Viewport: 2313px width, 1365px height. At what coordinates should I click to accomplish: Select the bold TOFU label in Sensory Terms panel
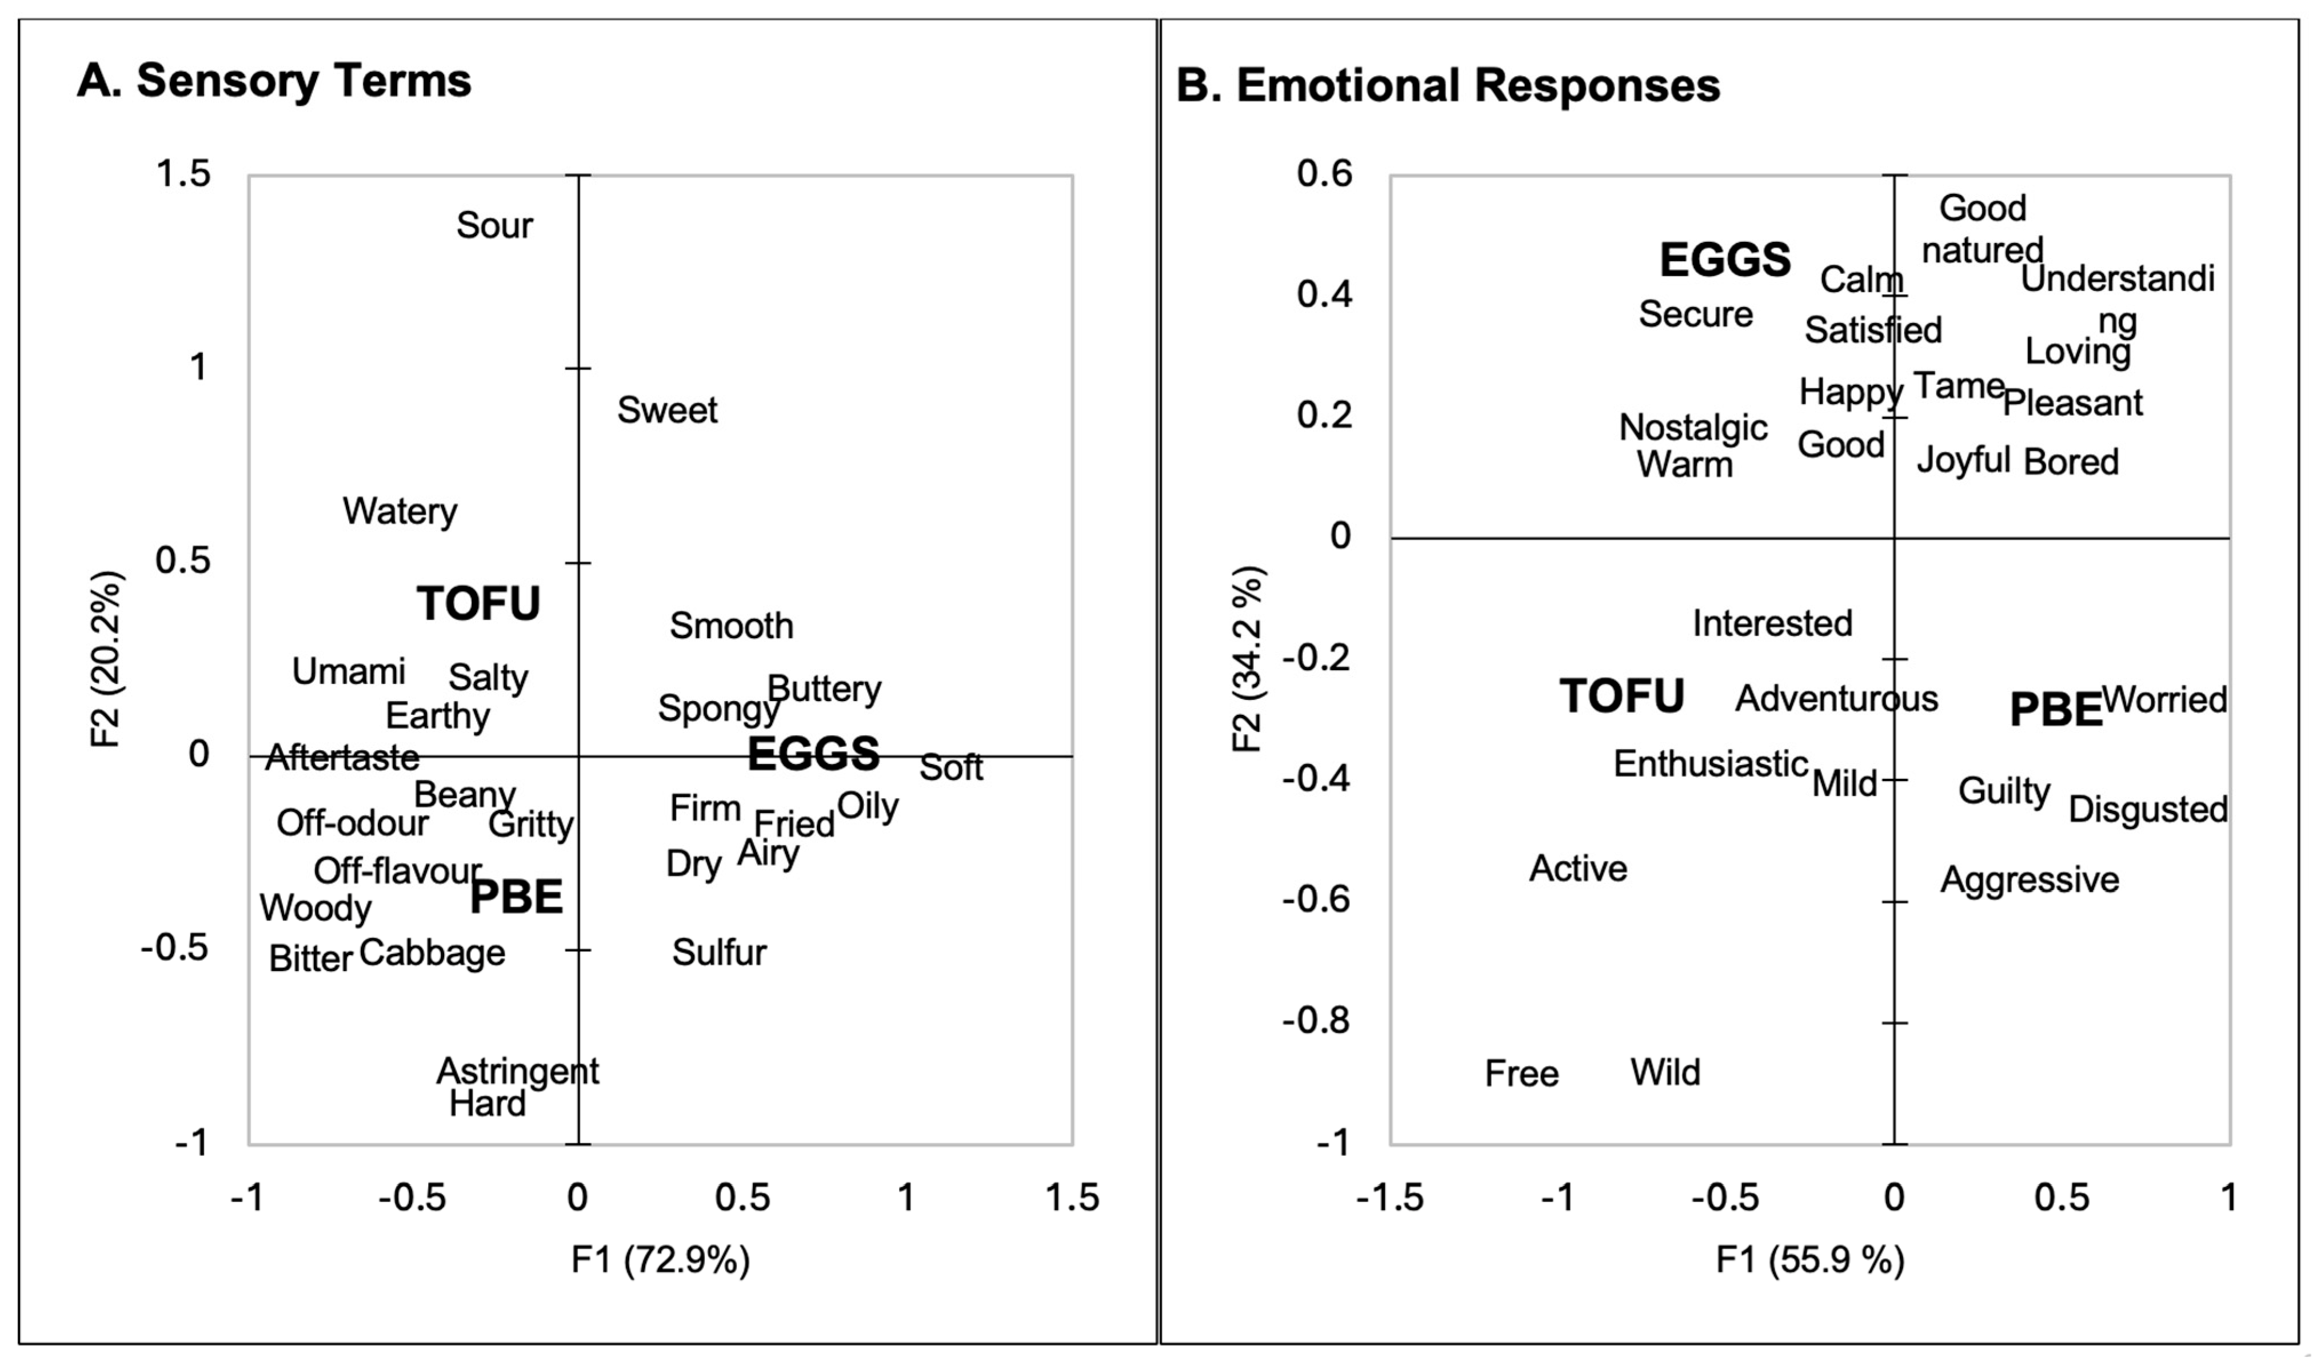coord(478,604)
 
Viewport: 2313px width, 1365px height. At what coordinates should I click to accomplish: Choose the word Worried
coord(2163,700)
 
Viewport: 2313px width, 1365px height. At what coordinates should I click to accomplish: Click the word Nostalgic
coord(1692,428)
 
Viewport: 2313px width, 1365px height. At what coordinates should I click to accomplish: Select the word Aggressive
coord(2029,880)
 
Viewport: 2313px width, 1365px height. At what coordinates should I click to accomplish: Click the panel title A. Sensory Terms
coord(274,81)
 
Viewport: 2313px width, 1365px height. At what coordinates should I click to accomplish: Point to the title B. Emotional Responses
coord(1447,86)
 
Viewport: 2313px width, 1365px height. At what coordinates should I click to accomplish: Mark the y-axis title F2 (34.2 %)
coord(1248,659)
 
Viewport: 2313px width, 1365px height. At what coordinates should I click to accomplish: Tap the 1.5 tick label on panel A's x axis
coord(1072,1197)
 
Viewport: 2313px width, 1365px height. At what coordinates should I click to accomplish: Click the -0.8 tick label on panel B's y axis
coord(1316,1020)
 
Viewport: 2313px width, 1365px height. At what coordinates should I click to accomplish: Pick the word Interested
coord(1772,624)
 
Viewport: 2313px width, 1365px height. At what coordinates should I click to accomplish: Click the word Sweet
coord(666,410)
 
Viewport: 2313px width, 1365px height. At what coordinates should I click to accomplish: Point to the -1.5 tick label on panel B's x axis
coord(1389,1197)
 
